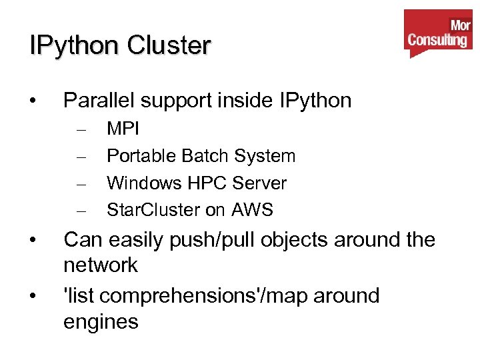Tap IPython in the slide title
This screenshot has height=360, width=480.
tap(74, 46)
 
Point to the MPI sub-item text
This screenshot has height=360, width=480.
tap(123, 129)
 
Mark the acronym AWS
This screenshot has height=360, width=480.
tap(252, 210)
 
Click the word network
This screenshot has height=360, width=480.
tap(101, 265)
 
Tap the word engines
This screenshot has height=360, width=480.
tap(101, 322)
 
